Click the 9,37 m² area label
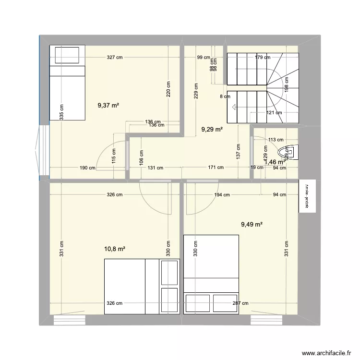pyautogui.click(x=108, y=106)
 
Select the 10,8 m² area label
pyautogui.click(x=115, y=249)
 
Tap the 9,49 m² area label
pyautogui.click(x=252, y=224)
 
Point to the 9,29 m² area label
pyautogui.click(x=212, y=129)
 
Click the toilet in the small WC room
pyautogui.click(x=292, y=153)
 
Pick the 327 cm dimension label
pyautogui.click(x=115, y=58)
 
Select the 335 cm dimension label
pyautogui.click(x=61, y=113)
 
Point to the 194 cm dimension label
pyautogui.click(x=222, y=195)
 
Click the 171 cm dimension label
pyautogui.click(x=216, y=168)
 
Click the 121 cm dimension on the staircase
pyautogui.click(x=274, y=113)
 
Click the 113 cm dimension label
pyautogui.click(x=276, y=140)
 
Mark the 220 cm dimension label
pyautogui.click(x=168, y=89)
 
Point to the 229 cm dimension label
pyautogui.click(x=196, y=89)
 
